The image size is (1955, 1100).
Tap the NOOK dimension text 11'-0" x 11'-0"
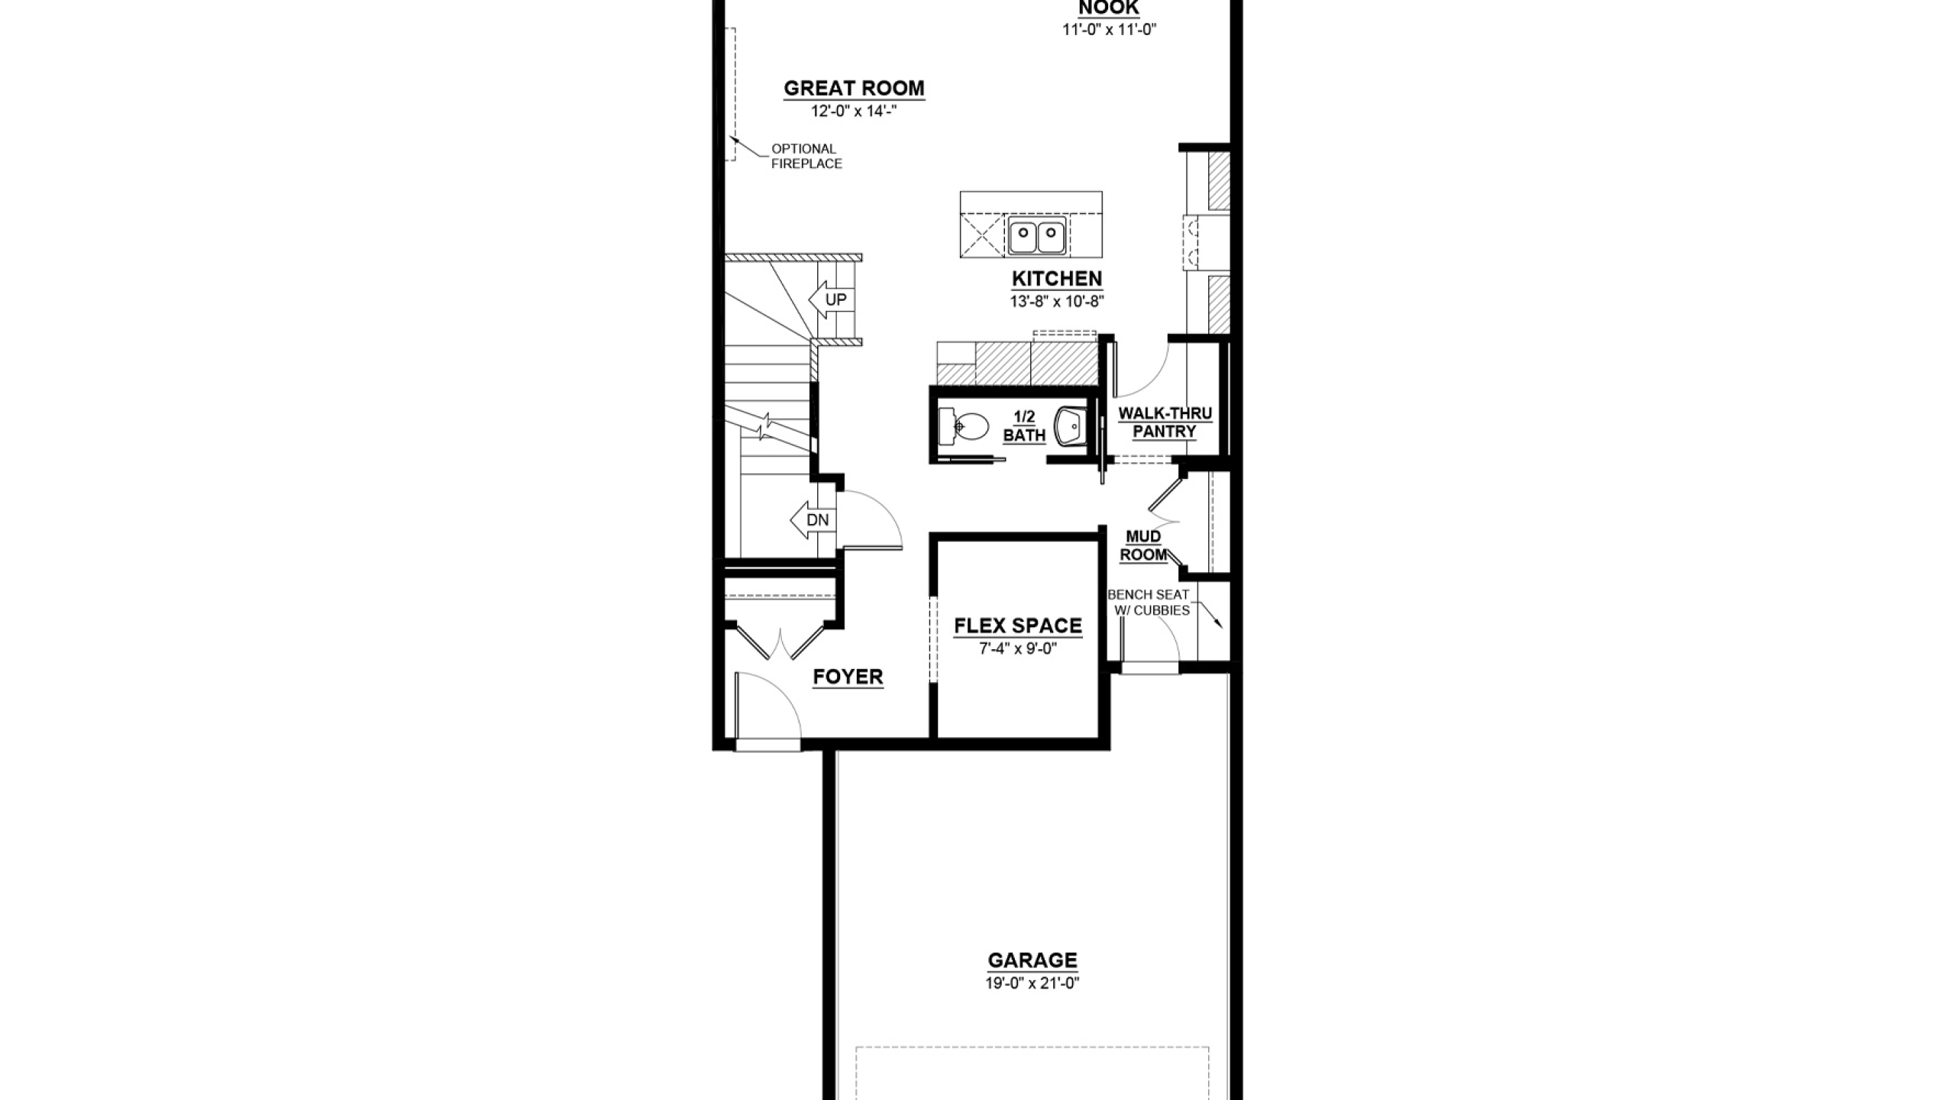[1110, 30]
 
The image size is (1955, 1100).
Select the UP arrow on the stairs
[830, 299]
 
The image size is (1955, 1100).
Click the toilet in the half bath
[965, 426]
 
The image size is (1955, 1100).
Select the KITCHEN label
[1057, 279]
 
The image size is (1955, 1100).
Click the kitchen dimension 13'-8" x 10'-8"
[1057, 302]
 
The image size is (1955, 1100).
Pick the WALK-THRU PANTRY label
[1165, 422]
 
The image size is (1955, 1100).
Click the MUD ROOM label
[1143, 545]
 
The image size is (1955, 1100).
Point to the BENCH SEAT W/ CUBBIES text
[1149, 602]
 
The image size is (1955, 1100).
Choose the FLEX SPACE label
[1018, 626]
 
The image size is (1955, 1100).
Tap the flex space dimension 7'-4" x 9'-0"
[1018, 649]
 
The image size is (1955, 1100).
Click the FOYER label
[848, 677]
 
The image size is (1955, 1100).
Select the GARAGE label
[1032, 960]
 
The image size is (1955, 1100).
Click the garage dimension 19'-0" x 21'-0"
[1032, 983]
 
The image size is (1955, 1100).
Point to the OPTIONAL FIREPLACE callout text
[806, 156]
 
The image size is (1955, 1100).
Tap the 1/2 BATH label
[1024, 426]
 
